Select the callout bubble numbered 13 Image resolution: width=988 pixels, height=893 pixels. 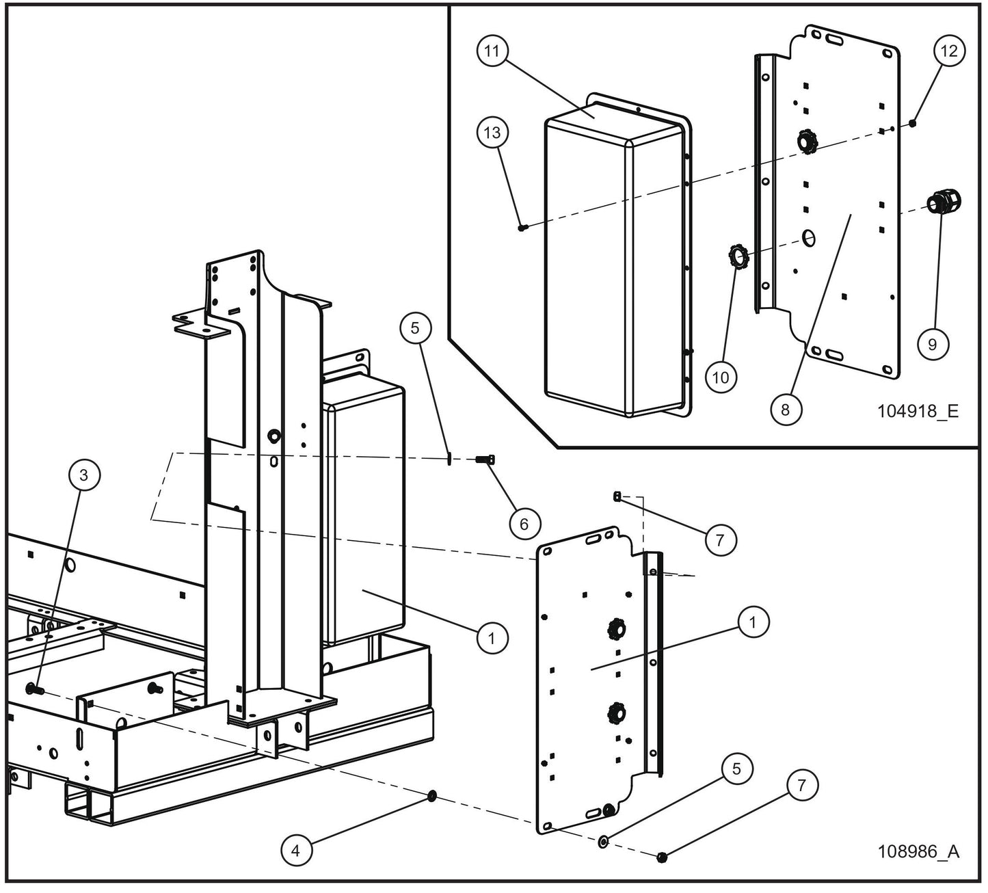point(493,133)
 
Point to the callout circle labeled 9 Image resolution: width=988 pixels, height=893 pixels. point(933,344)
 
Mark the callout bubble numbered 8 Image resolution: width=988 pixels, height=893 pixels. point(785,409)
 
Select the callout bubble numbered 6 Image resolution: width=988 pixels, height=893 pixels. point(524,523)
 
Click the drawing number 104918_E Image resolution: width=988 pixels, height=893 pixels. point(918,411)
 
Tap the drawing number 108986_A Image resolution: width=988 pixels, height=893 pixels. point(918,852)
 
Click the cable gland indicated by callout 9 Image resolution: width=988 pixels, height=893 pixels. point(944,202)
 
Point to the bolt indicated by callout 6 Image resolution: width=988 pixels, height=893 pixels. point(485,460)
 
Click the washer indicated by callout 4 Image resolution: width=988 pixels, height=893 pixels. point(431,796)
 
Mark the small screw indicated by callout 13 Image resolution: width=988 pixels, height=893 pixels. point(522,228)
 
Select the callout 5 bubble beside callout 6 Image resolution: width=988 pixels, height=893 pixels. point(415,328)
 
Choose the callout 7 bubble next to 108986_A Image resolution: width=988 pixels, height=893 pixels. point(802,786)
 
